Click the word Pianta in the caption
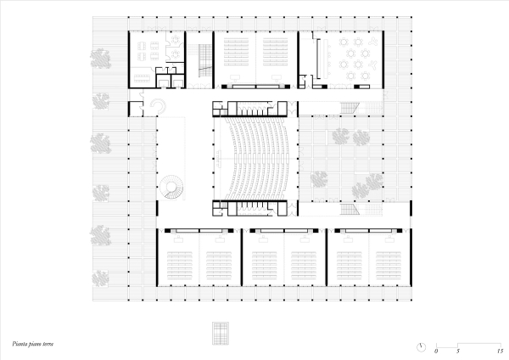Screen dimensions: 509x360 tap(20, 344)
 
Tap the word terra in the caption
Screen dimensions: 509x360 tap(48, 344)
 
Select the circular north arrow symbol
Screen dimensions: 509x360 tap(421, 347)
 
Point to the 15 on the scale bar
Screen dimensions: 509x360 tap(500, 351)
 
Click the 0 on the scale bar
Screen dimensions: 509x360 tap(436, 351)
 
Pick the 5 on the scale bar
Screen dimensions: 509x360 tap(458, 351)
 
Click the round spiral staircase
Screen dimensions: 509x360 tap(171, 187)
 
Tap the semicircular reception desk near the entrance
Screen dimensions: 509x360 tap(159, 106)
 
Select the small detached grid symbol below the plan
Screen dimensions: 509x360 tap(221, 333)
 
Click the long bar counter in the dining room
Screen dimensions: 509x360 tap(323, 59)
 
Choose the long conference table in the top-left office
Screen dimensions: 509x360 tap(143, 78)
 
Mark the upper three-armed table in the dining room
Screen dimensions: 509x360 tap(373, 41)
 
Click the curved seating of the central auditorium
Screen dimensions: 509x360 tap(256, 159)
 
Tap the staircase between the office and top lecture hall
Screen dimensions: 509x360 tap(205, 61)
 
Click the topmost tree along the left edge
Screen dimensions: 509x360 tap(101, 59)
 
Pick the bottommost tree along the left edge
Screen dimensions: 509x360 tap(100, 278)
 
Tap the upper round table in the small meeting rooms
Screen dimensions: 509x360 tap(176, 39)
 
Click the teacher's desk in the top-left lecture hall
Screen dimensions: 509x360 tap(235, 77)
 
